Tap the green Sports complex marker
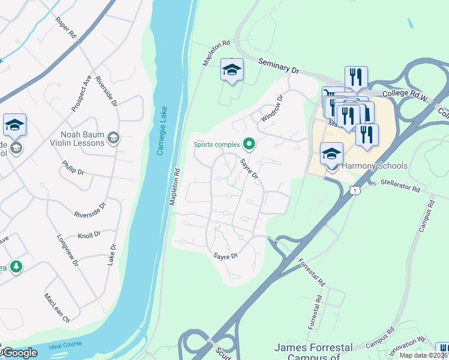(249, 144)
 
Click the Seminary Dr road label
(279, 65)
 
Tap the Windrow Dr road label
(272, 110)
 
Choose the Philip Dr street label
(73, 167)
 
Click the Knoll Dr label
(89, 235)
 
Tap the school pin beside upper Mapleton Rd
(232, 70)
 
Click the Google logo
(19, 353)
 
